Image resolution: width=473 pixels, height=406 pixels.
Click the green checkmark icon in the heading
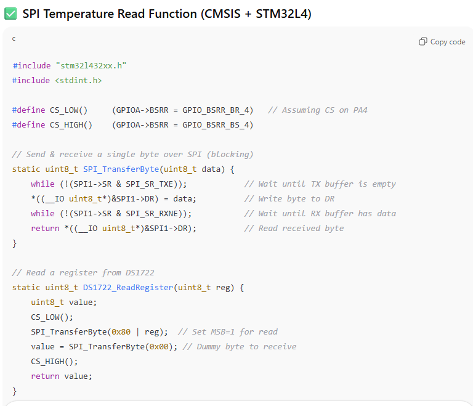[10, 14]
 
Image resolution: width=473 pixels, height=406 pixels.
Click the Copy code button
[442, 42]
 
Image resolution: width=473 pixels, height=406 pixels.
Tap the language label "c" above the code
[14, 39]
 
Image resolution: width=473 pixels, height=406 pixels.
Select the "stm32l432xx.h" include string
[91, 65]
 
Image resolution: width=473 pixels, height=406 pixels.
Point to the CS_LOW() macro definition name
[68, 110]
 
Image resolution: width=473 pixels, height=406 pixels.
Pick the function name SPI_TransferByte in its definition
[121, 169]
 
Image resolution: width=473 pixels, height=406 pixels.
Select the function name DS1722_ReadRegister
[128, 287]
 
